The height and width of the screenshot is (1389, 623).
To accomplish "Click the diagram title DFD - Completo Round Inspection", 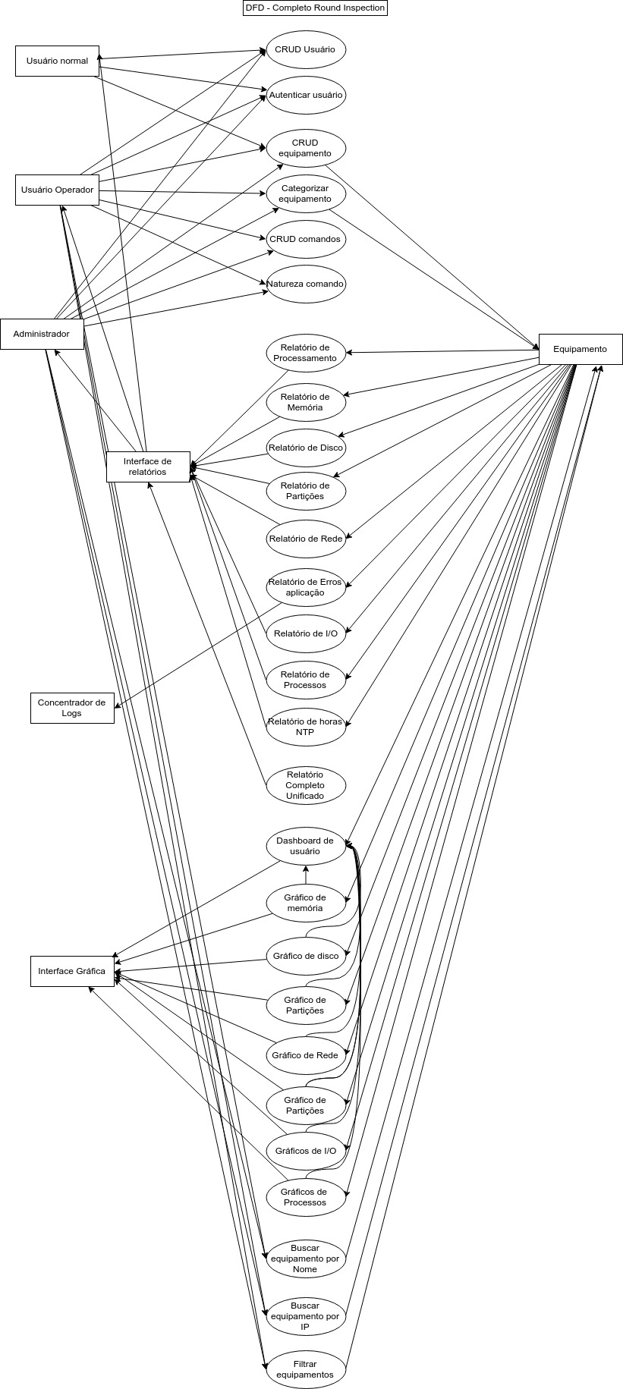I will (x=315, y=8).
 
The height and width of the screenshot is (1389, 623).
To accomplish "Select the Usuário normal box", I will (x=57, y=61).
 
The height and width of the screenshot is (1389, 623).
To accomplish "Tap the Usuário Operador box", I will (x=57, y=190).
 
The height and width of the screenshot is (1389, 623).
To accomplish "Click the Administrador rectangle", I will (x=42, y=334).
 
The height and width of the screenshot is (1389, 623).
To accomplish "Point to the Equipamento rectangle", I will (x=581, y=349).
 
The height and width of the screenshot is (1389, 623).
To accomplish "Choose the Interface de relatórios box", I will (x=148, y=467).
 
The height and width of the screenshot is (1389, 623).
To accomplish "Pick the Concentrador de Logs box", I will (x=72, y=708).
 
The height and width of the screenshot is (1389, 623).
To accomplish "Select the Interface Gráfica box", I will (x=72, y=971).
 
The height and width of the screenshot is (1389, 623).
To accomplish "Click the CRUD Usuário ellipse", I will (x=305, y=50).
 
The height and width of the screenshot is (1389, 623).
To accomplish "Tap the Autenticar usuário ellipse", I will (x=306, y=96).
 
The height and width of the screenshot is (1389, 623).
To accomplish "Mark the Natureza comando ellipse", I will (x=306, y=284).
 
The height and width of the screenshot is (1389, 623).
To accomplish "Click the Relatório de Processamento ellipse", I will (x=305, y=353).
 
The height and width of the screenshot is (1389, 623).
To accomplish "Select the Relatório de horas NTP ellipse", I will (x=305, y=727).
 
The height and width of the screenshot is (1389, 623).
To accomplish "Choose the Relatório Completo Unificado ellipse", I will (x=305, y=785).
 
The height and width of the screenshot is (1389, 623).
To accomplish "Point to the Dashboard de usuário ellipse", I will (x=305, y=846).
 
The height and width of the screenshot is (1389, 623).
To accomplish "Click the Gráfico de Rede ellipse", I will (x=305, y=1055).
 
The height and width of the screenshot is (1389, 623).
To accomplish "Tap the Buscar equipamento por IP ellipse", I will (x=305, y=1316).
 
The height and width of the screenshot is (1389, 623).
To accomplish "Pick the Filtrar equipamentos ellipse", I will (x=305, y=1369).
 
